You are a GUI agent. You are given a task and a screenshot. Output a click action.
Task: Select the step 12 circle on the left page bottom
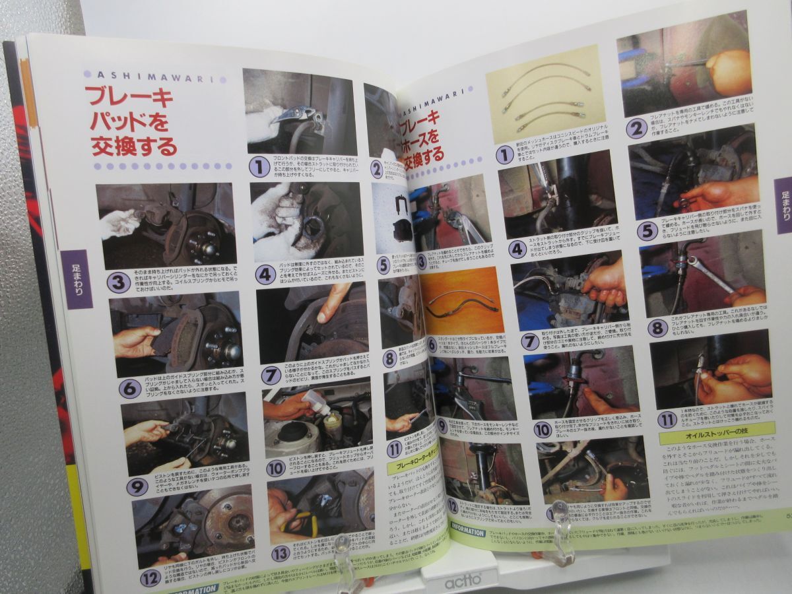click(150, 579)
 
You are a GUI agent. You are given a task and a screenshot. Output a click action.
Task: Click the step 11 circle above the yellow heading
click(667, 419)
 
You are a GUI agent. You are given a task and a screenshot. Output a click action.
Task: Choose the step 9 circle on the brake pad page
click(137, 487)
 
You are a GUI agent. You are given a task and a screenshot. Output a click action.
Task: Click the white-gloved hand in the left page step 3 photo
click(120, 223)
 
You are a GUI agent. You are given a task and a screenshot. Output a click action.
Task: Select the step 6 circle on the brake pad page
click(129, 388)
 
